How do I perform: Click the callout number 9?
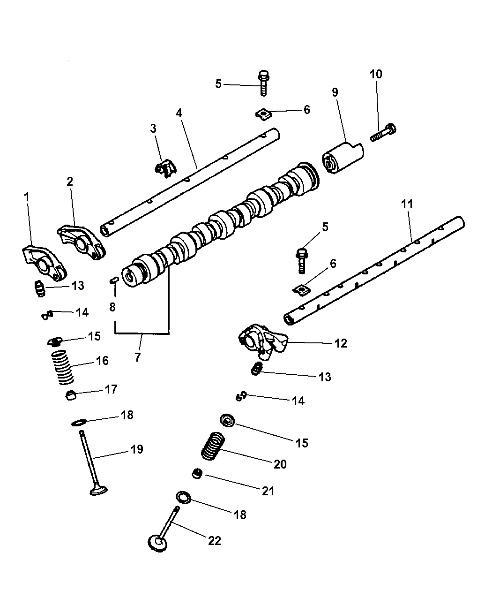coord(335,92)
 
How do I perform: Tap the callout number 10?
coord(376,74)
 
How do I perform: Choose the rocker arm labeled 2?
coord(81,240)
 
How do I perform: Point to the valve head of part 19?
coord(98,491)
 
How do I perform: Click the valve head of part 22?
coord(158,543)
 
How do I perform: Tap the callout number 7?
coord(137,357)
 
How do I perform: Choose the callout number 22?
coord(214,540)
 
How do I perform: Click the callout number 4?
coord(179,113)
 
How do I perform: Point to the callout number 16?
coord(102,361)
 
